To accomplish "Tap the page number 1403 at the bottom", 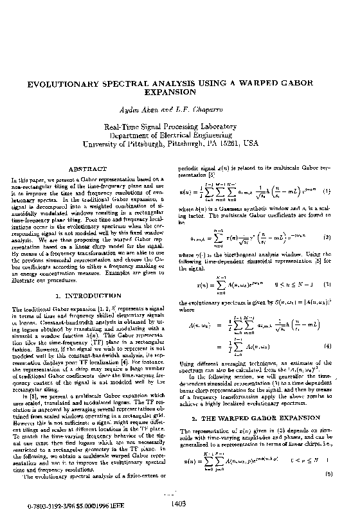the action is [180, 505].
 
